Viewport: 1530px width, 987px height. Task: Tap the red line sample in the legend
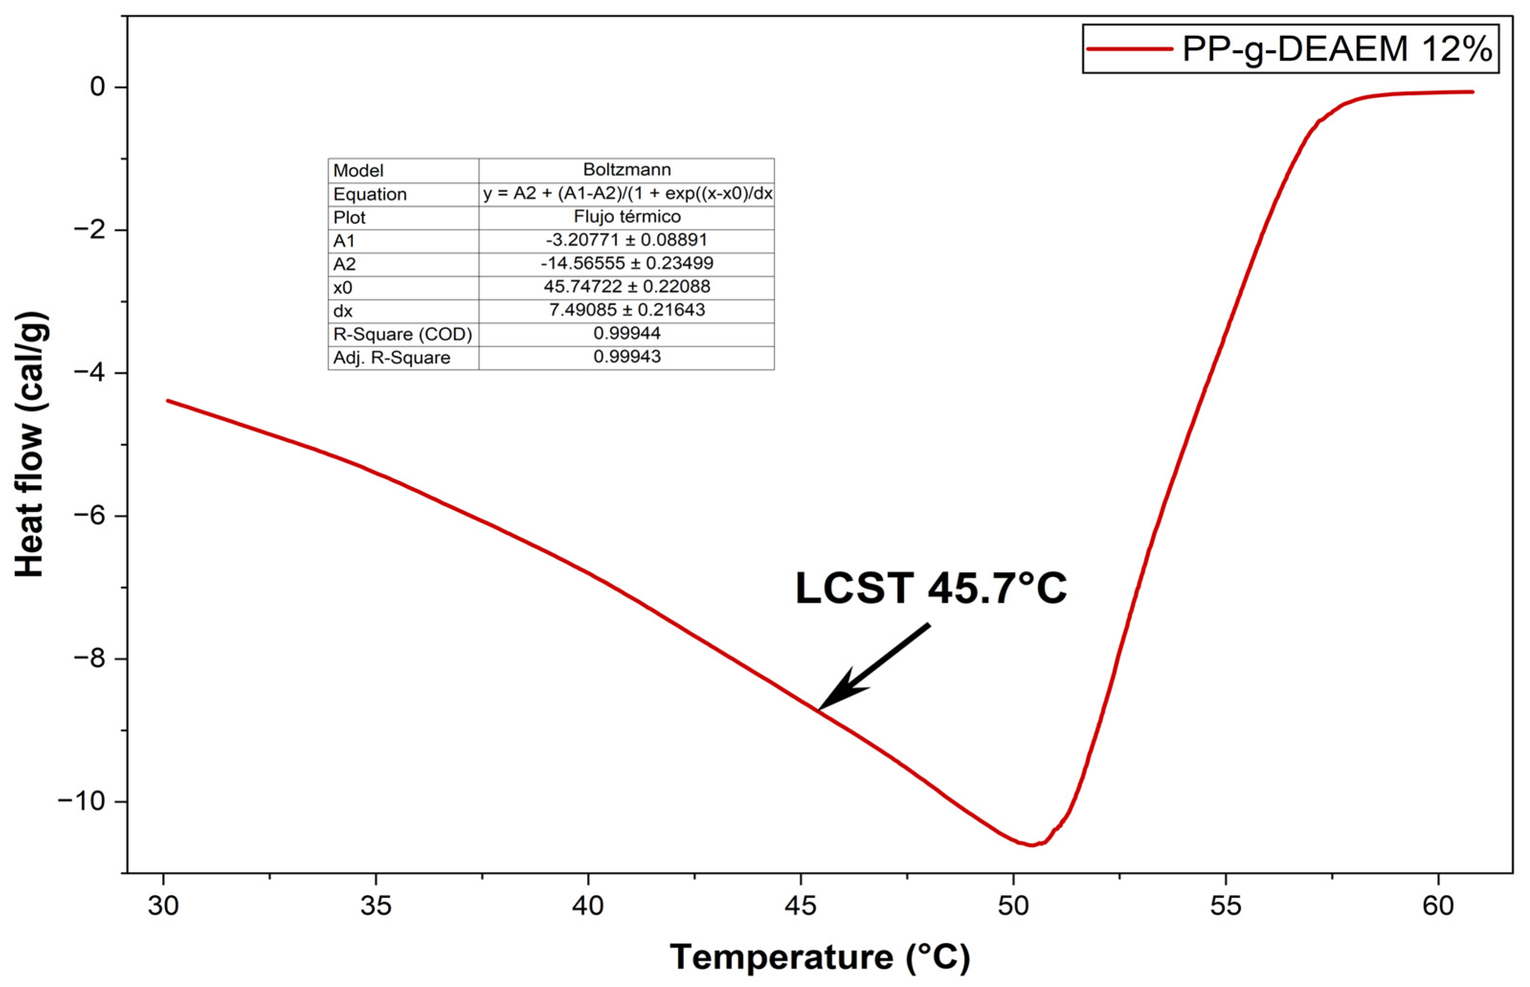tap(1130, 49)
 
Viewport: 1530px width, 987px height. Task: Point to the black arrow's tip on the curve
tap(819, 710)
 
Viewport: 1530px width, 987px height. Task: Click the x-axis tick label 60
tap(1438, 906)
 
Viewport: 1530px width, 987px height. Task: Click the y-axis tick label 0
tap(98, 87)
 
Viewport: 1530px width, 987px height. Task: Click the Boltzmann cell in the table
tap(627, 170)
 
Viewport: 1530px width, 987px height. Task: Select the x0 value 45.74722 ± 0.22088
tap(627, 287)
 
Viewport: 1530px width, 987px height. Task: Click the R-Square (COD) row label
tap(402, 334)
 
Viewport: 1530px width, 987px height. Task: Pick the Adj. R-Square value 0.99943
tap(627, 357)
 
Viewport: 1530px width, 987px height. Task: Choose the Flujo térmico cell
tap(627, 217)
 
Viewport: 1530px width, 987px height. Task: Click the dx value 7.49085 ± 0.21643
tap(627, 310)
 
